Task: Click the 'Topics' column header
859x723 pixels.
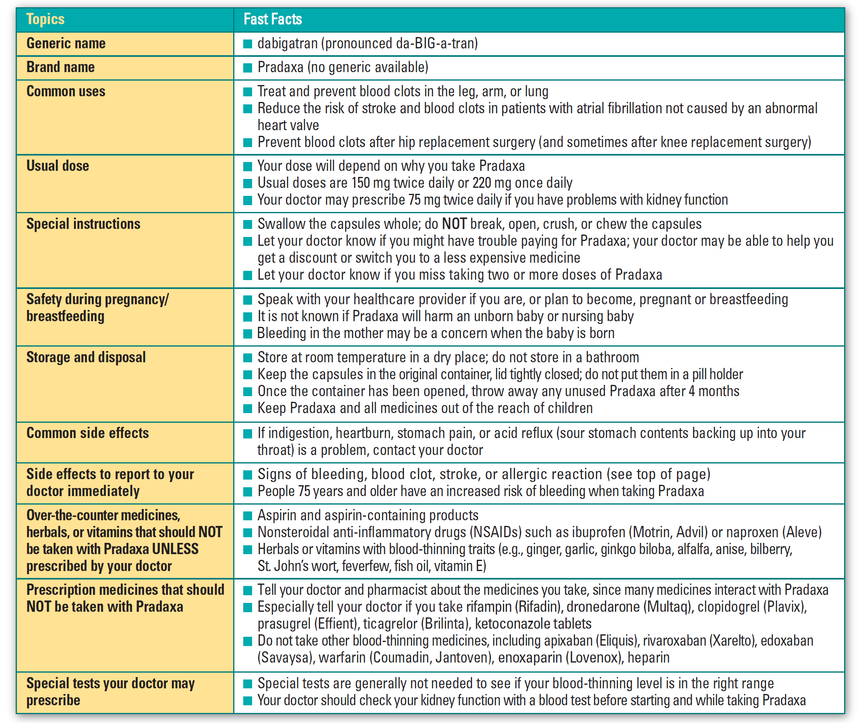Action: click(x=45, y=19)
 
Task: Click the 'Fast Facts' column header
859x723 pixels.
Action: click(x=272, y=19)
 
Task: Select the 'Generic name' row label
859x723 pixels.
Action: click(x=66, y=44)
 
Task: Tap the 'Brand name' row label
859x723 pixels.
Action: click(x=61, y=67)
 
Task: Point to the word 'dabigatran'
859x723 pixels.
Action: click(x=288, y=44)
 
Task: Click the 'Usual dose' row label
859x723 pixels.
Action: click(x=58, y=166)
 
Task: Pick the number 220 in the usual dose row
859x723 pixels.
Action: click(x=481, y=183)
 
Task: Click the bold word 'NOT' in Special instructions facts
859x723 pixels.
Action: click(x=454, y=224)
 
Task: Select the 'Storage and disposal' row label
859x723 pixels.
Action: click(x=86, y=357)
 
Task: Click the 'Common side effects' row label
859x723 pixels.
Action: click(x=88, y=433)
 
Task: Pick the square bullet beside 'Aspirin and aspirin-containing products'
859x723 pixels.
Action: click(x=247, y=515)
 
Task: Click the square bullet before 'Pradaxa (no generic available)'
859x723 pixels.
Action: click(x=247, y=68)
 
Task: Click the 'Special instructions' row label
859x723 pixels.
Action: click(x=83, y=224)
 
